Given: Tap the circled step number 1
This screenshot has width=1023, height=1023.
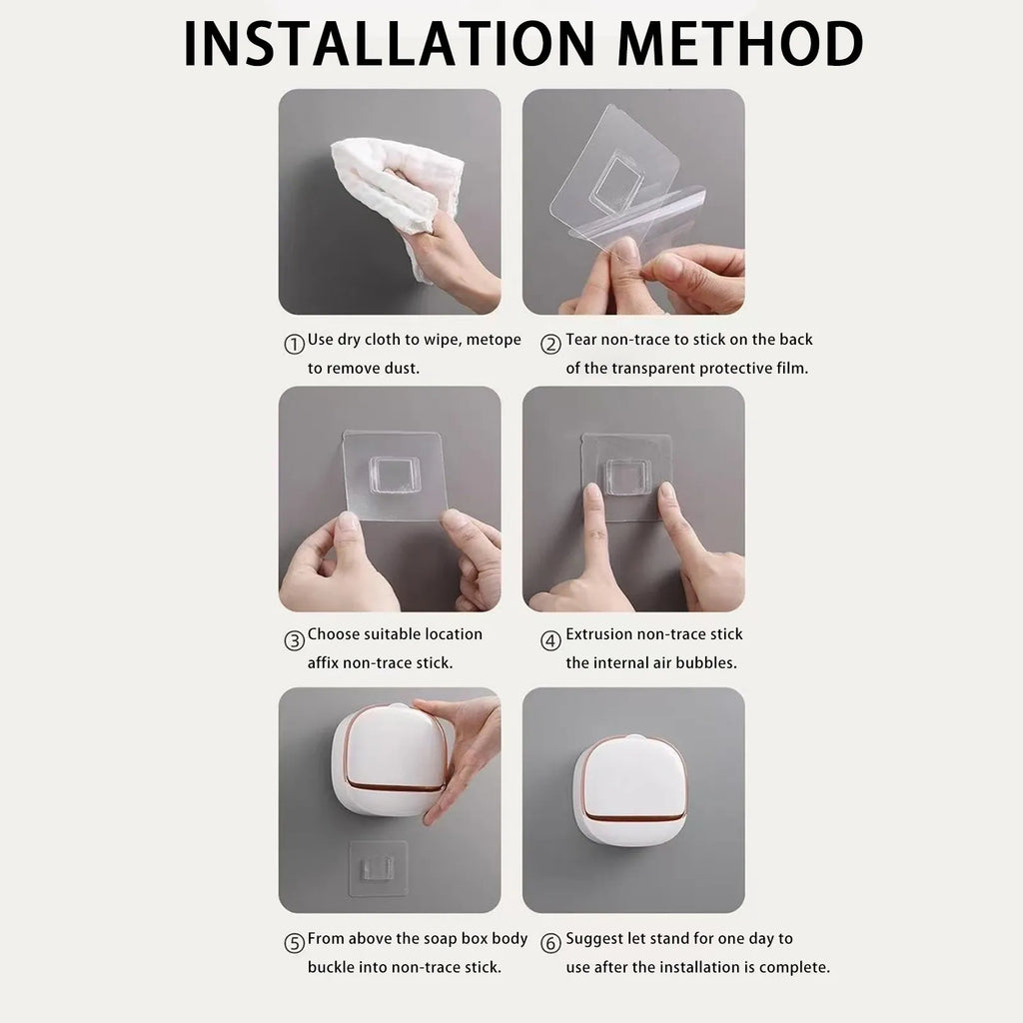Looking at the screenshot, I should click(294, 345).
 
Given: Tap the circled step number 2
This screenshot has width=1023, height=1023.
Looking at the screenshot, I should click(550, 345).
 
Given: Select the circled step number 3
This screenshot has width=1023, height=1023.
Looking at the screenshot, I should click(294, 640).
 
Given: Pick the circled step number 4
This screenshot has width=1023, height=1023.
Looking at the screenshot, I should click(550, 640).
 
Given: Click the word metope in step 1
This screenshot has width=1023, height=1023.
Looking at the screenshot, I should click(493, 340).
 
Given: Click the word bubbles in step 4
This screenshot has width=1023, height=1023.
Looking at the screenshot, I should click(706, 662).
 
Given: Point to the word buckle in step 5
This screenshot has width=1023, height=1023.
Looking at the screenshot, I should click(331, 967).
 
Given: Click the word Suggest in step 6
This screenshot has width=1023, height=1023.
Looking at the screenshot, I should click(596, 939).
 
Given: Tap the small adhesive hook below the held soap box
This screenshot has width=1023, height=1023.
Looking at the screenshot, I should click(378, 866).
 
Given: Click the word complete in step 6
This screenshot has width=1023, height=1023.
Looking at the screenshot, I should click(794, 967).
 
